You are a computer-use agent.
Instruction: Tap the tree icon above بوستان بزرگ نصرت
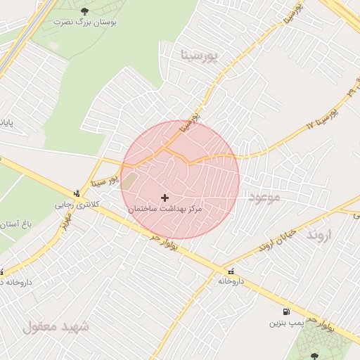click(85, 11)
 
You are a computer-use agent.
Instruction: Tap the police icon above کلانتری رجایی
click(76, 193)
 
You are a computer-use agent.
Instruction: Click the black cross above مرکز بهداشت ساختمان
click(165, 198)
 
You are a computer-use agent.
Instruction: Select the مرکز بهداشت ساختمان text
click(165, 210)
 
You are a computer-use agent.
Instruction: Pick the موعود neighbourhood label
click(264, 198)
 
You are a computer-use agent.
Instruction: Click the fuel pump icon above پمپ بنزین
click(285, 311)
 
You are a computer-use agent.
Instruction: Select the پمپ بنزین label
click(285, 324)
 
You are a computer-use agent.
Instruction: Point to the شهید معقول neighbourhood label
click(56, 327)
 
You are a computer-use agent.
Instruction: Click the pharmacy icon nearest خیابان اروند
click(230, 270)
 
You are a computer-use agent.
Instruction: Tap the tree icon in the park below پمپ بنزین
click(313, 356)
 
